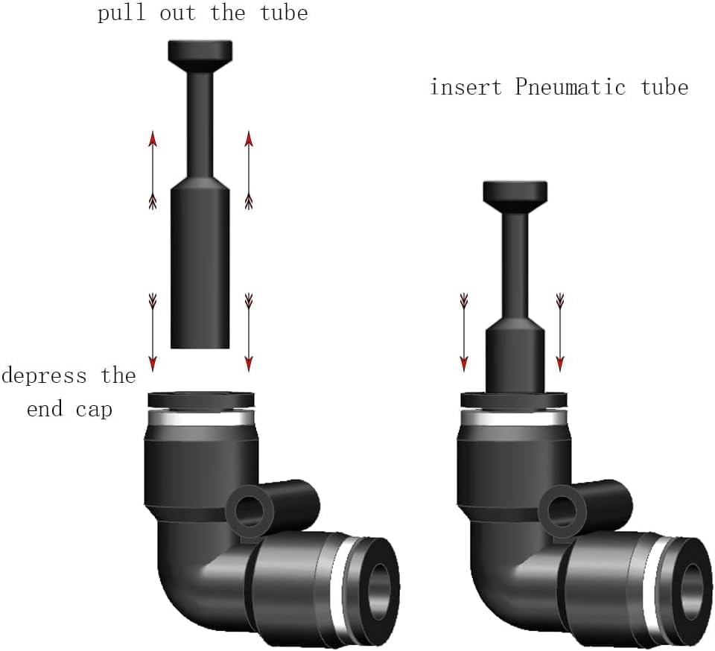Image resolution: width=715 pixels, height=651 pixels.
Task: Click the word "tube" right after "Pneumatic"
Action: pos(664,87)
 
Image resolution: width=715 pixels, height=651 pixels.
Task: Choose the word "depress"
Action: pos(44,375)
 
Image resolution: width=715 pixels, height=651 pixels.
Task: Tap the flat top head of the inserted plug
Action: pos(515,192)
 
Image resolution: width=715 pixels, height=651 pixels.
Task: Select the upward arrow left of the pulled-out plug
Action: pos(153,170)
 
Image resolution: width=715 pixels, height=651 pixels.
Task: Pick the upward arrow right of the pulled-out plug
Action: pos(249,170)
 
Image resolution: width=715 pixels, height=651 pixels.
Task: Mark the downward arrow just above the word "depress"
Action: pos(153,331)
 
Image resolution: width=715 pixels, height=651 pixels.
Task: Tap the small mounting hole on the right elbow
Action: pos(559,511)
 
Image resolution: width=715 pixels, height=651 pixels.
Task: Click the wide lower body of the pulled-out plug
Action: pos(200,268)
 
